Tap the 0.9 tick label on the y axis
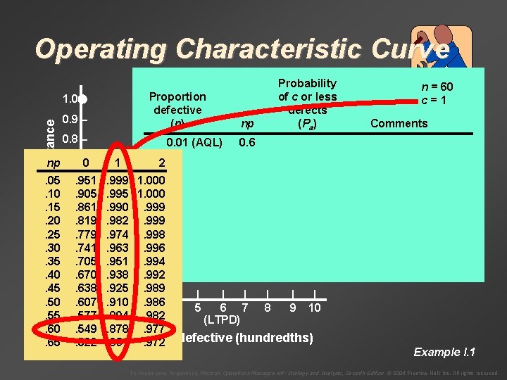click(70, 119)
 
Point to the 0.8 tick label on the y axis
click(70, 139)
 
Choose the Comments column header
click(399, 123)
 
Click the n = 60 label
click(437, 87)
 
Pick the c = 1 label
click(437, 100)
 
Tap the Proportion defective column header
click(177, 110)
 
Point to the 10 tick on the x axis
click(314, 308)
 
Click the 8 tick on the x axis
click(268, 308)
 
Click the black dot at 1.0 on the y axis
click(82, 98)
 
